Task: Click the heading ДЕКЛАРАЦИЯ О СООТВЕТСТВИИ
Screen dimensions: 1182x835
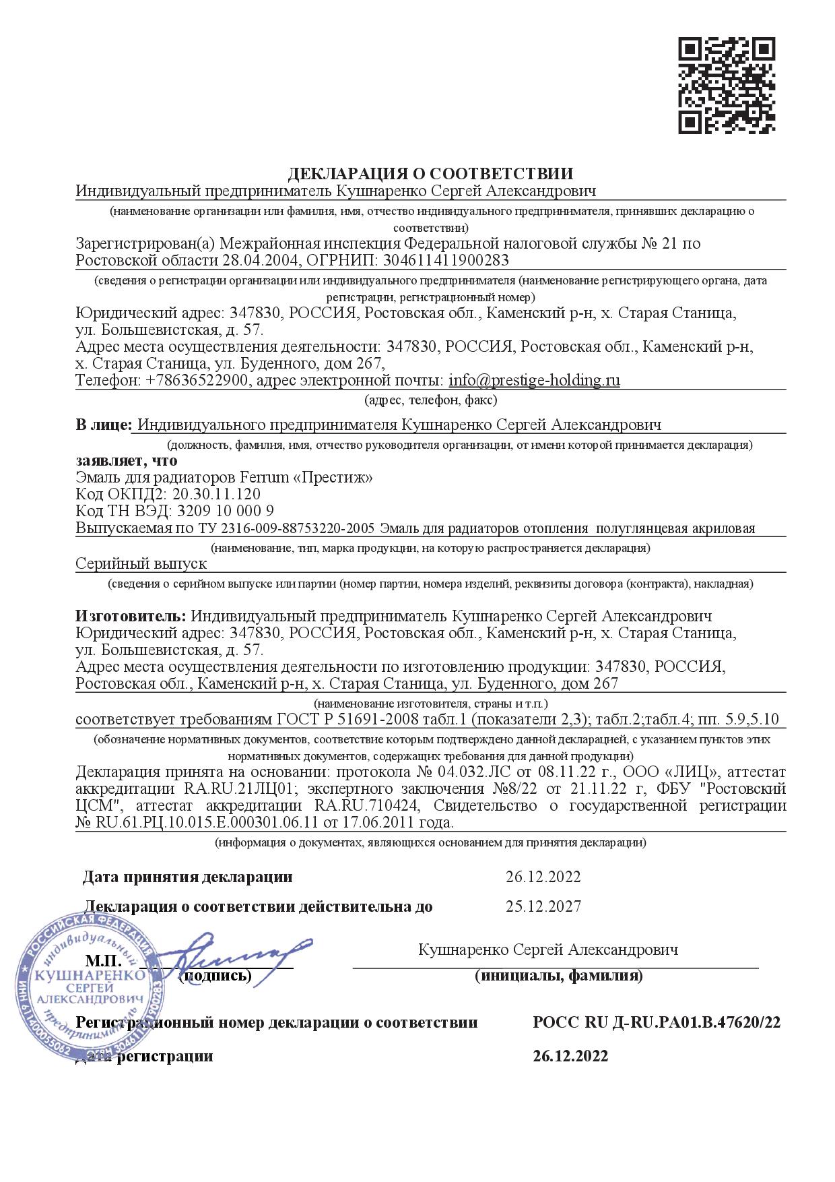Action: click(x=431, y=175)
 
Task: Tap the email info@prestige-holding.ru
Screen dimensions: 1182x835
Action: click(x=534, y=380)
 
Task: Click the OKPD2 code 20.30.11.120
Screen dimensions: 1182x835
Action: click(x=216, y=494)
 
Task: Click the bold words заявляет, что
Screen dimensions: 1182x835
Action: click(x=127, y=461)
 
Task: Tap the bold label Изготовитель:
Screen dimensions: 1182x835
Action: click(x=131, y=617)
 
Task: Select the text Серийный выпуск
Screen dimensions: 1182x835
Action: click(x=141, y=563)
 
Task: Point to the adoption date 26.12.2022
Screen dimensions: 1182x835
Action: click(x=543, y=877)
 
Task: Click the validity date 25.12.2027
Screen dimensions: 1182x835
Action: click(x=543, y=906)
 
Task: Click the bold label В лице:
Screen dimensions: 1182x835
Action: click(x=104, y=425)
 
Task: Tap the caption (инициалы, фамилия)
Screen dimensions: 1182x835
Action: click(x=558, y=975)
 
